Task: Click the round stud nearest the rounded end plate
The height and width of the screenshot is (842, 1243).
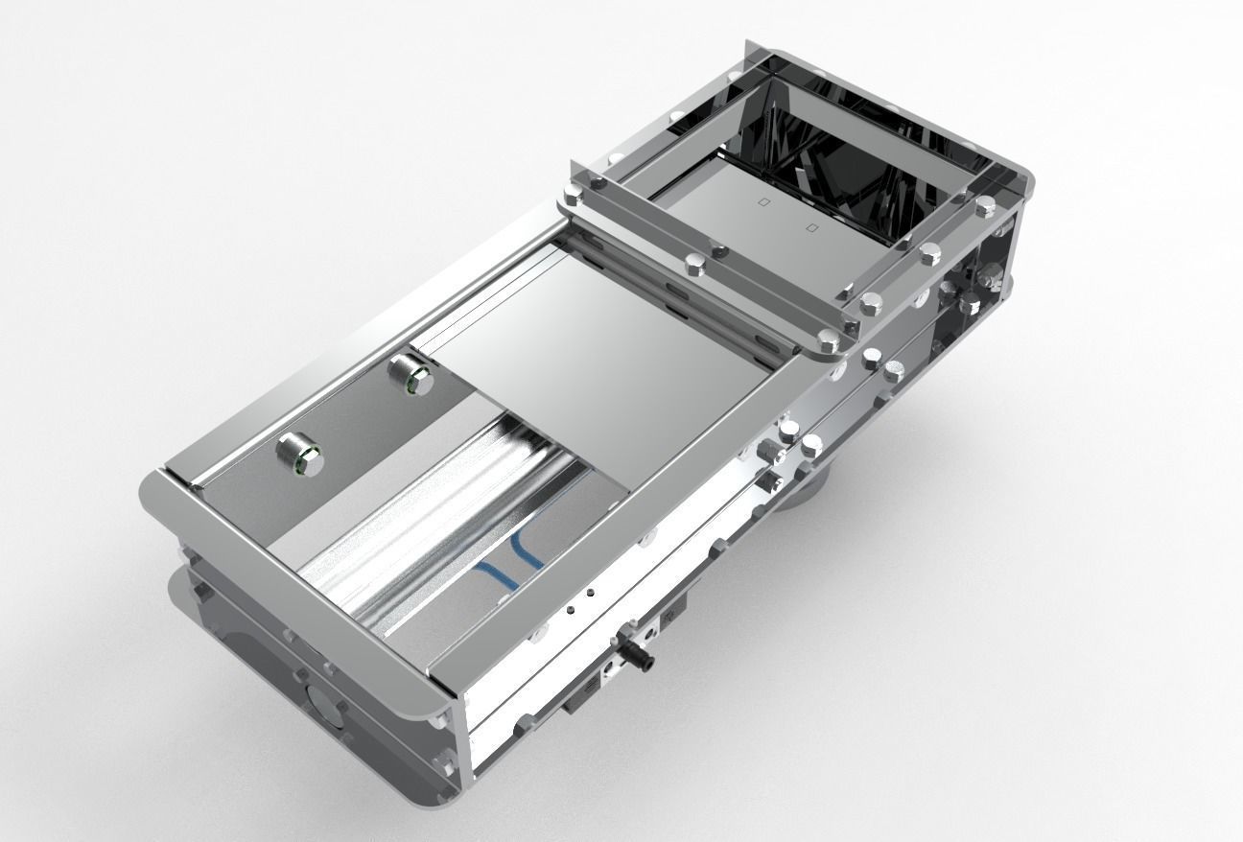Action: click(300, 455)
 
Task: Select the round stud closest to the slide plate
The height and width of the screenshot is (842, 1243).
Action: click(410, 374)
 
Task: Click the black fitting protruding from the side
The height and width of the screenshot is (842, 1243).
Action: click(636, 653)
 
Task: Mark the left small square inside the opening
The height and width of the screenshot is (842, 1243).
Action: click(763, 202)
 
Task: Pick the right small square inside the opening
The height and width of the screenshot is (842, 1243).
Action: click(811, 228)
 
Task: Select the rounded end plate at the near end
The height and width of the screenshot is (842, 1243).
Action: click(288, 595)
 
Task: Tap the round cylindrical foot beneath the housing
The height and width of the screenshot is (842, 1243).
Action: click(804, 489)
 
